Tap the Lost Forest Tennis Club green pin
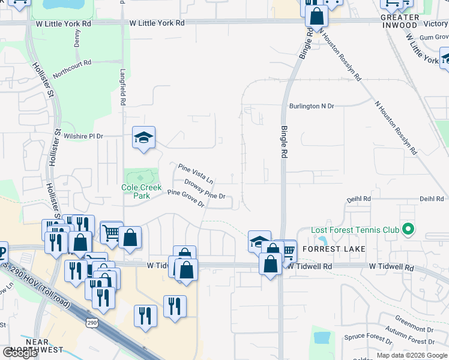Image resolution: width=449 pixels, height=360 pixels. click(409, 229)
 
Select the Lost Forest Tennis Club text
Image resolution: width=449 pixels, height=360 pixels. click(355, 230)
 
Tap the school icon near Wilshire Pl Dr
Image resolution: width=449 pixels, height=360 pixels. click(144, 139)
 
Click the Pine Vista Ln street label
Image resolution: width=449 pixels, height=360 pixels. click(196, 173)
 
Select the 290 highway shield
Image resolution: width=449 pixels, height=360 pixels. click(92, 323)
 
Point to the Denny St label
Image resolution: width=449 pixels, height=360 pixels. click(77, 38)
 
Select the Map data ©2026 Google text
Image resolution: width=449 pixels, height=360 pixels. click(411, 355)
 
